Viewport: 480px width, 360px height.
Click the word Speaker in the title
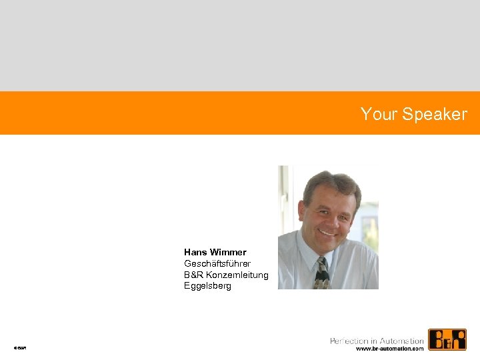click(435, 115)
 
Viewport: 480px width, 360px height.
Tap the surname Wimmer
click(228, 252)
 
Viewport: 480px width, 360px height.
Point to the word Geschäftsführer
click(217, 263)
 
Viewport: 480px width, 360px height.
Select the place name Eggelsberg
click(208, 286)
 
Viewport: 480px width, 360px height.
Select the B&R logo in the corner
click(447, 340)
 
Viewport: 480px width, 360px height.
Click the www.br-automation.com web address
click(389, 349)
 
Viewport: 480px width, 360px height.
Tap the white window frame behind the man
click(284, 200)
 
